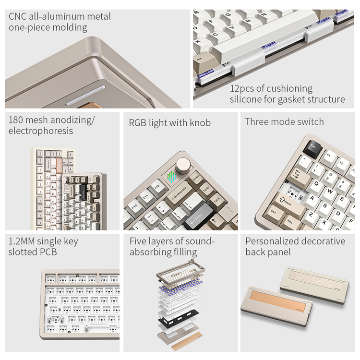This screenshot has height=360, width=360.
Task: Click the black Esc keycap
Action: pyautogui.click(x=312, y=148)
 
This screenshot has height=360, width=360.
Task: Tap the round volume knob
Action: pyautogui.click(x=183, y=165)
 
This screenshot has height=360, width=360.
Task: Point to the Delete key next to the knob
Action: pyautogui.click(x=196, y=179)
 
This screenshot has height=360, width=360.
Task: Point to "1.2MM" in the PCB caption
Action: pyautogui.click(x=22, y=241)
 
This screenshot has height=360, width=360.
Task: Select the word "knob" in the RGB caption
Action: pyautogui.click(x=200, y=123)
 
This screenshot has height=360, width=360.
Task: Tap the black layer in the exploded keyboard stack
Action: pyautogui.click(x=178, y=317)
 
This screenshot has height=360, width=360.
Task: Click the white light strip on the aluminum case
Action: pyautogui.click(x=85, y=96)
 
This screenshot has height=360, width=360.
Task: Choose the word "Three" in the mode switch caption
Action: pyautogui.click(x=257, y=122)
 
